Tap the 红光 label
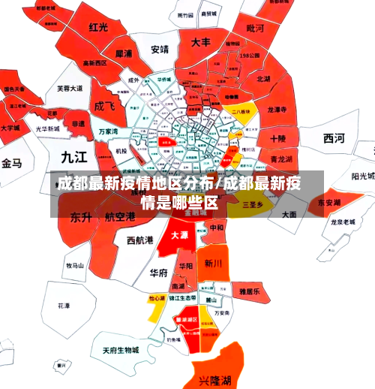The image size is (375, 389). (x=99, y=28)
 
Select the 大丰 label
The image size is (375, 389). (x=200, y=43)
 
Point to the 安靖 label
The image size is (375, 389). (x=160, y=50)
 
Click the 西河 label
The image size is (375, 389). (x=334, y=137)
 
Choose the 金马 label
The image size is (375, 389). (x=12, y=163)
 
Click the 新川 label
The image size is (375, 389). (x=212, y=264)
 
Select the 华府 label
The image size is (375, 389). (x=158, y=272)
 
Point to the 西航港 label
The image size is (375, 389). (x=140, y=240)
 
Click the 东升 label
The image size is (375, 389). (x=81, y=217)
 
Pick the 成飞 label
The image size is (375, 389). (x=103, y=106)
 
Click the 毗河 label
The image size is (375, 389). (x=254, y=29)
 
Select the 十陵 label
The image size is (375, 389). (x=277, y=138)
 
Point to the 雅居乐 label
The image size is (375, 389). (x=249, y=291)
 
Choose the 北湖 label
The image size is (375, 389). (x=263, y=78)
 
